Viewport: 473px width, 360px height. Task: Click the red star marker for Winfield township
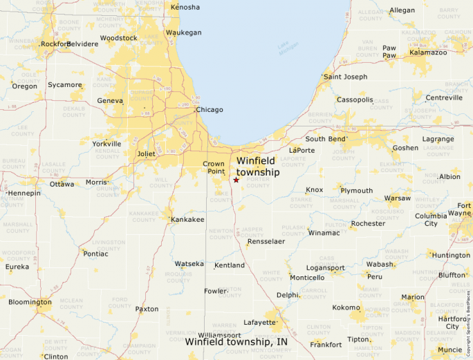pyautogui.click(x=236, y=180)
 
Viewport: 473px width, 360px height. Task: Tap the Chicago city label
pyautogui.click(x=210, y=110)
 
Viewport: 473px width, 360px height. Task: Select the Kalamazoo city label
pyautogui.click(x=429, y=53)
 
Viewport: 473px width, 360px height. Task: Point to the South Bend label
pyautogui.click(x=326, y=139)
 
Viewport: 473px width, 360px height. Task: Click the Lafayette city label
pyautogui.click(x=260, y=323)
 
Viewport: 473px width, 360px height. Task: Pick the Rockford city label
pyautogui.click(x=56, y=44)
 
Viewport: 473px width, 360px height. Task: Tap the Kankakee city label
pyautogui.click(x=188, y=220)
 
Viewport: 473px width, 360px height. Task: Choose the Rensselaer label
pyautogui.click(x=266, y=242)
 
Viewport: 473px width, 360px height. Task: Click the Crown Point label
pyautogui.click(x=214, y=167)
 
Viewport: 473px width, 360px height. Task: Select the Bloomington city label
pyautogui.click(x=30, y=302)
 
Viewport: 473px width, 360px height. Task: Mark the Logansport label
pyautogui.click(x=326, y=267)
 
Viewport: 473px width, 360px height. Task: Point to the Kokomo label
pyautogui.click(x=346, y=307)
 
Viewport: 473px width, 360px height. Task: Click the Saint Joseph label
pyautogui.click(x=346, y=77)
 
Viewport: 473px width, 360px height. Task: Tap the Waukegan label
pyautogui.click(x=184, y=32)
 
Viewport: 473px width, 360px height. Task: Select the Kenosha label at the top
pyautogui.click(x=185, y=8)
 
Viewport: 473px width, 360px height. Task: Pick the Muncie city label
pyautogui.click(x=450, y=350)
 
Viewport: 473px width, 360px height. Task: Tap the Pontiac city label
pyautogui.click(x=95, y=254)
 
